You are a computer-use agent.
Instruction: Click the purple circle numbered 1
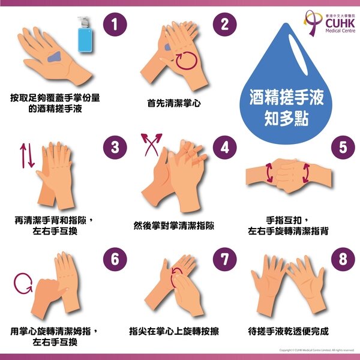[x=116, y=25]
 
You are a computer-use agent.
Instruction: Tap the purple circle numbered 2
[x=225, y=25]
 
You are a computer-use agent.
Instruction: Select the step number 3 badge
[x=116, y=147]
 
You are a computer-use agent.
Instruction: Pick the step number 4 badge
[x=225, y=147]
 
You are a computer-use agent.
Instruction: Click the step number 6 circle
[x=116, y=259]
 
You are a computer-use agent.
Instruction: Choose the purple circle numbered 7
[x=225, y=259]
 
